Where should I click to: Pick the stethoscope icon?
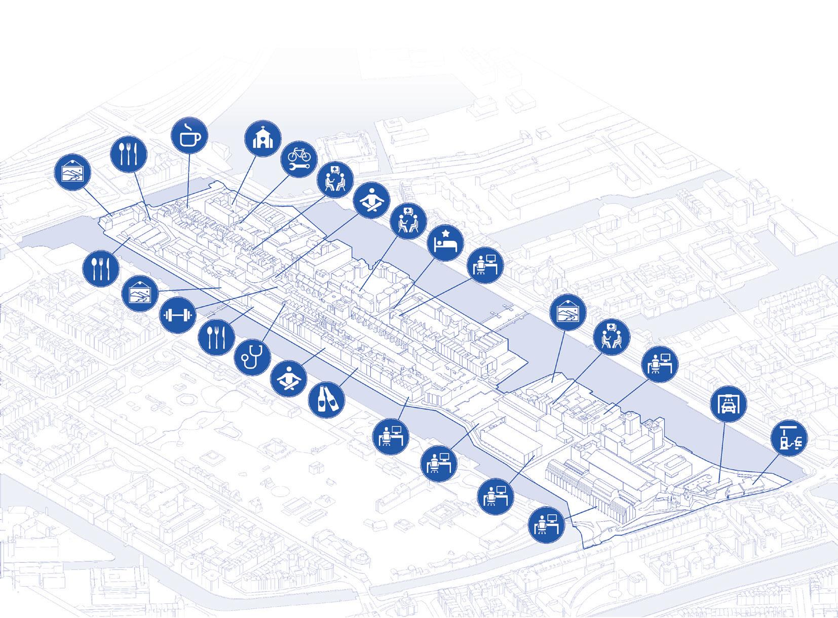(x=253, y=355)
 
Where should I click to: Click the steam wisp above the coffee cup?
(x=188, y=125)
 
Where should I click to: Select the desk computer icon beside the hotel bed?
(x=485, y=265)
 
